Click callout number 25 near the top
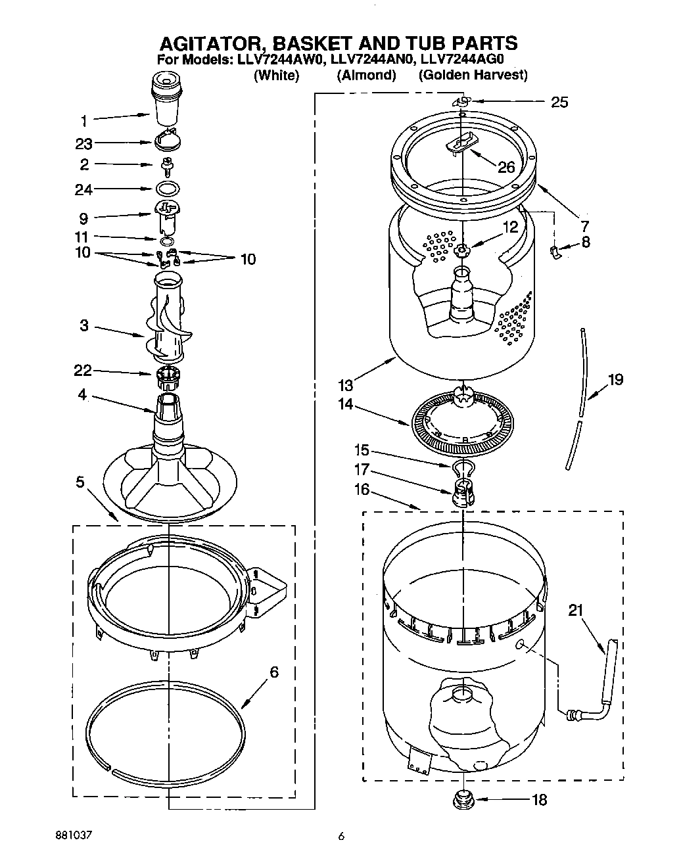click(x=559, y=102)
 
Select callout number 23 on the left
click(x=84, y=143)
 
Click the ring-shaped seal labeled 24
click(x=168, y=189)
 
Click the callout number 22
click(x=82, y=371)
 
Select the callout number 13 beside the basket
click(x=346, y=385)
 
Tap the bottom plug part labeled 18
click(x=463, y=800)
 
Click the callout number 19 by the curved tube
click(x=615, y=380)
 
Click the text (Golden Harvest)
click(x=473, y=75)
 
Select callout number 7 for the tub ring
click(x=584, y=225)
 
